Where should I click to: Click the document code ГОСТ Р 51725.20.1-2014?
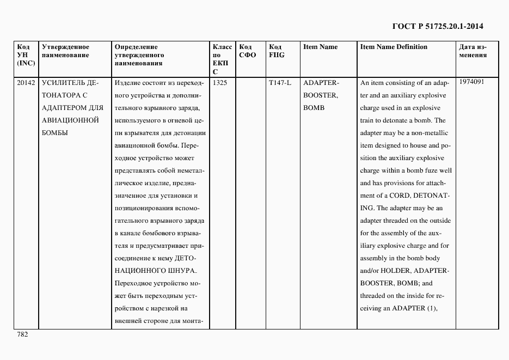pos(438,26)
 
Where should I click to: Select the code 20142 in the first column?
pos(26,83)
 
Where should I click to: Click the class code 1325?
pos(220,83)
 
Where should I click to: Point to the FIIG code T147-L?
pos(280,83)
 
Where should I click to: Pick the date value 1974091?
pos(471,82)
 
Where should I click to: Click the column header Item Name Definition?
pos(394,47)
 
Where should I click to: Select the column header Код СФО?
pos(247,51)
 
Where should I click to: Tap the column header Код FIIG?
pos(277,51)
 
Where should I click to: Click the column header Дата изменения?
pos(473,51)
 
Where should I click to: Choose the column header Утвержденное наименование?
pos(65,51)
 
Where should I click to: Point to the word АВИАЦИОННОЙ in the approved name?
pos(70,120)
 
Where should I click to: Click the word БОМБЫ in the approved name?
pos(55,133)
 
